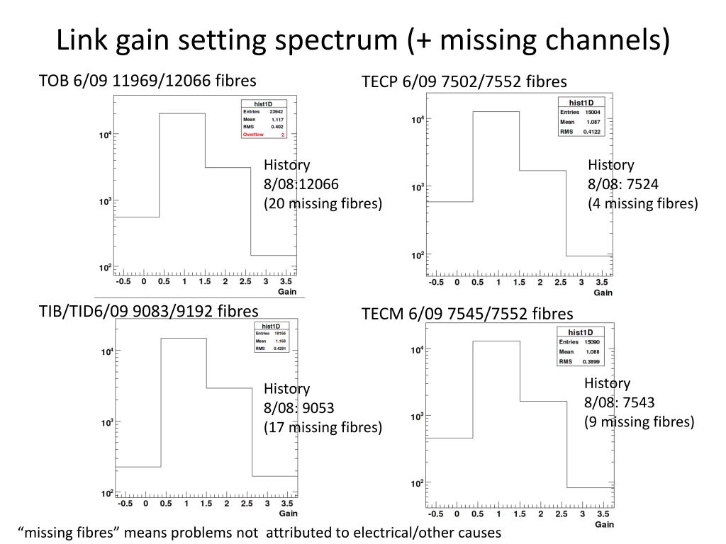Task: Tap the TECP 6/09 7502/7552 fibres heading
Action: click(x=464, y=81)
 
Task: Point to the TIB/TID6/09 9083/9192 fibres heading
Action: click(x=149, y=312)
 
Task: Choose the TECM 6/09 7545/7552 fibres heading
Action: click(x=467, y=313)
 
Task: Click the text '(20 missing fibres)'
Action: click(x=323, y=204)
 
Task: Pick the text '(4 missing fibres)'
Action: click(x=643, y=204)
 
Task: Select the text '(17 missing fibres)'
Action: click(x=323, y=427)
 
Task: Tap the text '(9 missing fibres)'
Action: click(x=640, y=422)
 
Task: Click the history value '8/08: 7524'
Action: click(x=623, y=185)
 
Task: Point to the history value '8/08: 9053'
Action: click(x=298, y=408)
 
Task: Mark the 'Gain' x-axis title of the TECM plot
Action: click(x=603, y=525)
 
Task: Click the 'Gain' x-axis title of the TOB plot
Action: click(x=286, y=291)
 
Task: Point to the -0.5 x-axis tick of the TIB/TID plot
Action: click(x=125, y=504)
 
